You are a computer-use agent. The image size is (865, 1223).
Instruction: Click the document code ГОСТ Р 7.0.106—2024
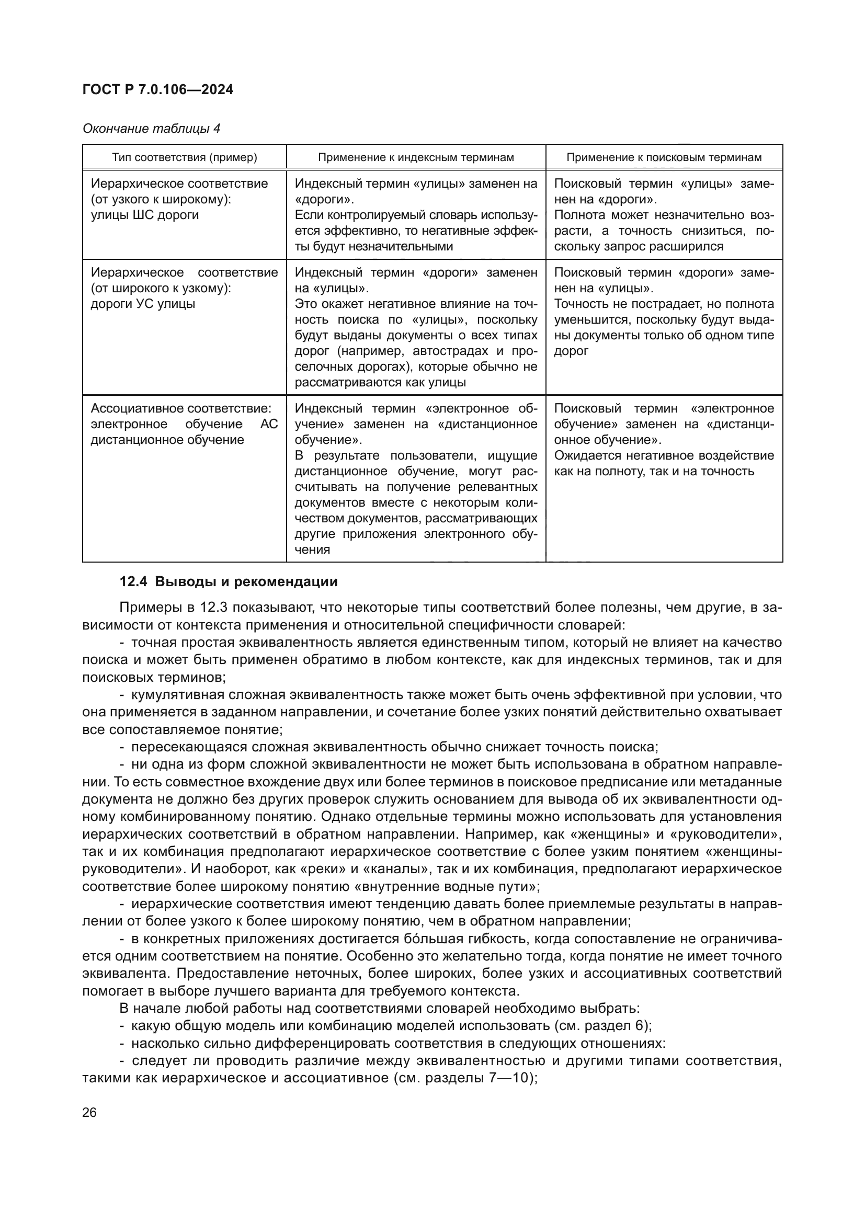[157, 90]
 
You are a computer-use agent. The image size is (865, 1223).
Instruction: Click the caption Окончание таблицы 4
[151, 129]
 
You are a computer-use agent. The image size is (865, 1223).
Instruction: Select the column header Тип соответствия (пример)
[184, 158]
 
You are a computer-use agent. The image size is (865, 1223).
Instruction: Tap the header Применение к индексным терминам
[416, 158]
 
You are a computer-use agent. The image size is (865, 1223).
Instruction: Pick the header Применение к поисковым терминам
[664, 158]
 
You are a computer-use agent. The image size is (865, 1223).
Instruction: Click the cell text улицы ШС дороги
[144, 215]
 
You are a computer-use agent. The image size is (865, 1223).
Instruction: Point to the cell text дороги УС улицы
[143, 304]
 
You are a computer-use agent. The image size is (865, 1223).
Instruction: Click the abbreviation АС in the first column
[268, 425]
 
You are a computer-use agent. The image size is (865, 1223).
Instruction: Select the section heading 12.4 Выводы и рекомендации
[229, 581]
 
